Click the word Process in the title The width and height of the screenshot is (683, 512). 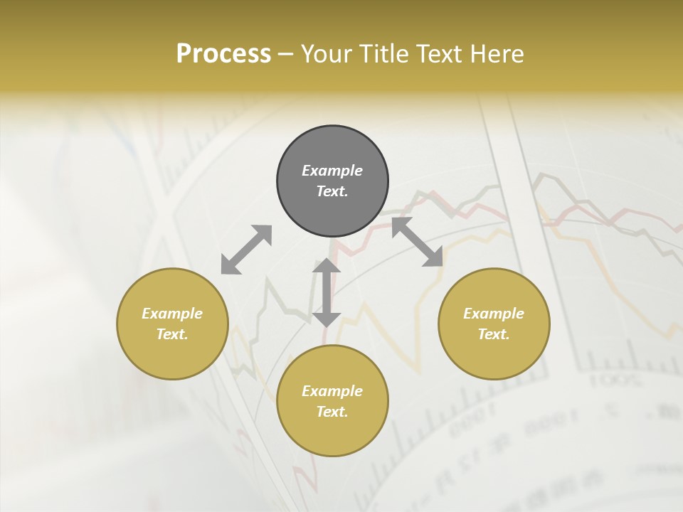223,54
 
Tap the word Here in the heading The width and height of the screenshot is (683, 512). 497,54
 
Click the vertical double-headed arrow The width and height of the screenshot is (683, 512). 327,292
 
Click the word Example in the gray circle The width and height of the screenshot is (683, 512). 332,171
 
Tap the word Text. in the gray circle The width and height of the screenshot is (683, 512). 332,191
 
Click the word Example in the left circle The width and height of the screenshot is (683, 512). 172,314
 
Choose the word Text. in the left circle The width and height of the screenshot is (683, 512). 172,334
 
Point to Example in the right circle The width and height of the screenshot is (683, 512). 494,314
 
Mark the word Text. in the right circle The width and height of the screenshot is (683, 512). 494,334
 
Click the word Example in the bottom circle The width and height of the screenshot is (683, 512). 332,391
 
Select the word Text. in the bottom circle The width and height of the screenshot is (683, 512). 332,412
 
